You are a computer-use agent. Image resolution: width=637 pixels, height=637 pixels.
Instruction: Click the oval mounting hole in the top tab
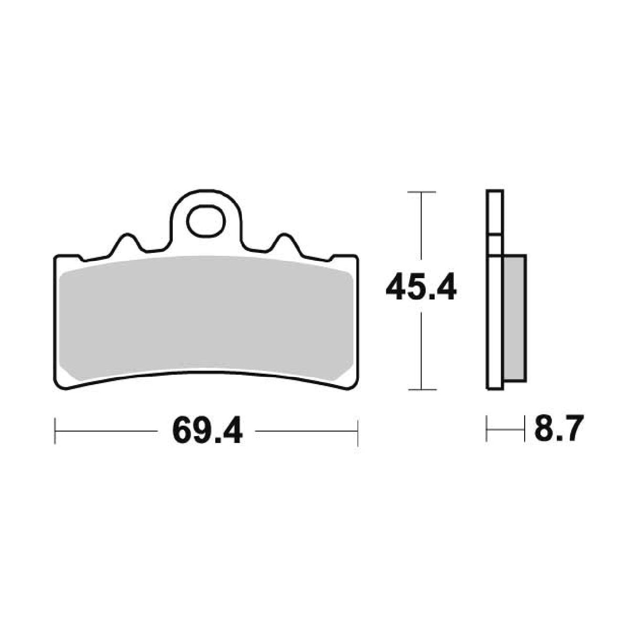pyautogui.click(x=206, y=221)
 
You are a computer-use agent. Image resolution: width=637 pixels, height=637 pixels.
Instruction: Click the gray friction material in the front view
pyautogui.click(x=206, y=317)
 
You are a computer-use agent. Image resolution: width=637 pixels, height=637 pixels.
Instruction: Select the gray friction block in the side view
pyautogui.click(x=514, y=317)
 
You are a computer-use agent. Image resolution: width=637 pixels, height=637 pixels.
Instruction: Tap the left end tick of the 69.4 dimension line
pyautogui.click(x=55, y=432)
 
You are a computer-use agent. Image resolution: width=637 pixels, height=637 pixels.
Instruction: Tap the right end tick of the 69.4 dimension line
pyautogui.click(x=357, y=432)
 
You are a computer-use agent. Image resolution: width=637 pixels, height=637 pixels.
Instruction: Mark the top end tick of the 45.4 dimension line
pyautogui.click(x=421, y=193)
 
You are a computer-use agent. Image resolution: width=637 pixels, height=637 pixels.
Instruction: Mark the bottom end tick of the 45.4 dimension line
pyautogui.click(x=421, y=389)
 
